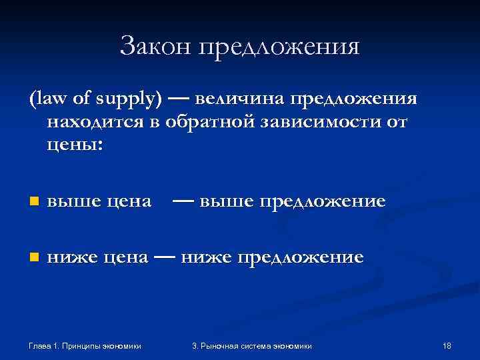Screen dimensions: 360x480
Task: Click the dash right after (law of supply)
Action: (x=177, y=98)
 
